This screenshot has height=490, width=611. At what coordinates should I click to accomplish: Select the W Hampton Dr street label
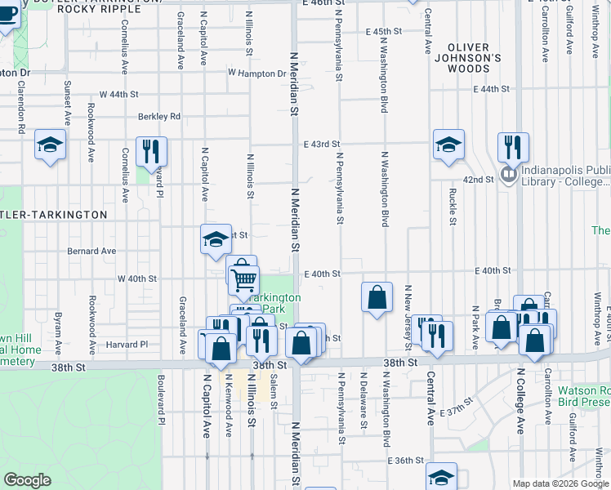pyautogui.click(x=257, y=73)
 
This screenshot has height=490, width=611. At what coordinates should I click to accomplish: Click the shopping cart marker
pyautogui.click(x=244, y=279)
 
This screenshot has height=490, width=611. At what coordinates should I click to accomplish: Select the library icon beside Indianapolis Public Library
pyautogui.click(x=509, y=174)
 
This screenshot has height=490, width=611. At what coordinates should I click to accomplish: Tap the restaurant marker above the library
pyautogui.click(x=513, y=146)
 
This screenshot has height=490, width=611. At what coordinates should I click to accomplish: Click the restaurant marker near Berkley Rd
pyautogui.click(x=151, y=150)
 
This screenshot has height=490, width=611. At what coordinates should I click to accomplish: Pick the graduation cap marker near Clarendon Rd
pyautogui.click(x=50, y=145)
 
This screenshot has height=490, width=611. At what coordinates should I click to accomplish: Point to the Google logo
pyautogui.click(x=28, y=479)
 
